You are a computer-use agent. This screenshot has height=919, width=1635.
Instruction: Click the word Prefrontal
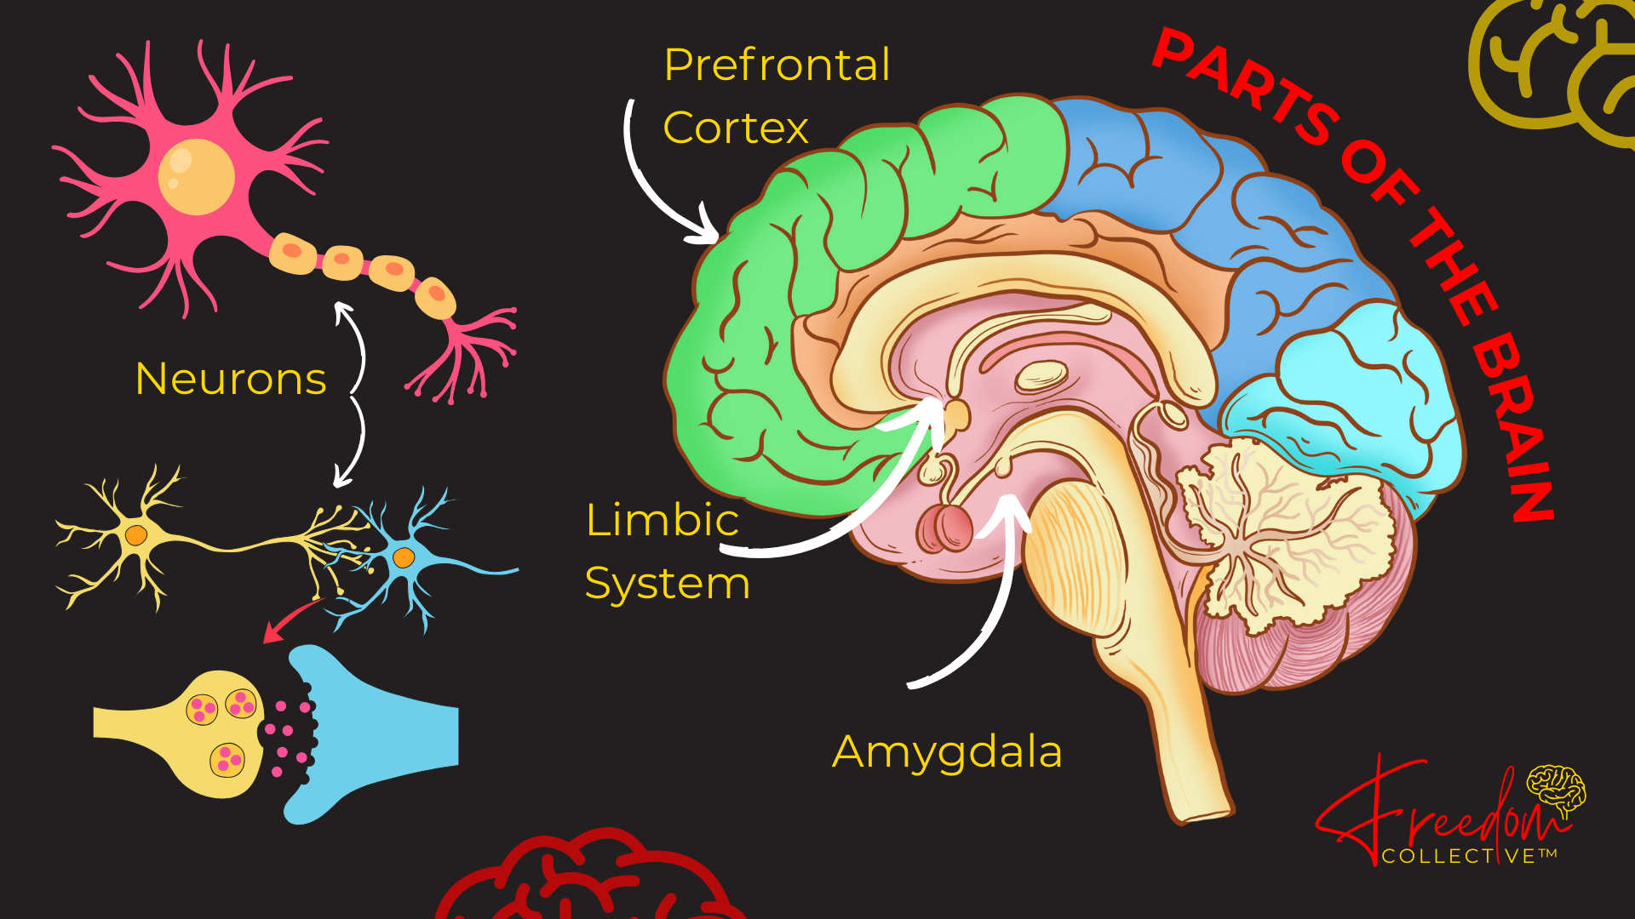(x=777, y=66)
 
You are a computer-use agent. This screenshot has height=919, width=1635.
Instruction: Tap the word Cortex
(x=736, y=128)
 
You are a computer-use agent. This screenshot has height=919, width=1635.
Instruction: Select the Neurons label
(x=231, y=379)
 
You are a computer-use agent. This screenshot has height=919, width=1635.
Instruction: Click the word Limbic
(x=662, y=520)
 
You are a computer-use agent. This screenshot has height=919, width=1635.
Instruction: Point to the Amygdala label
(x=947, y=752)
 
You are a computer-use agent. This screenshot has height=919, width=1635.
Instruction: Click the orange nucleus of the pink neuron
(x=196, y=176)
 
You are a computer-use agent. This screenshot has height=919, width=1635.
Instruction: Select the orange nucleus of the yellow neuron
(x=135, y=535)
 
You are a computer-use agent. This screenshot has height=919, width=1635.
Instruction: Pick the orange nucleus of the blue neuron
(x=403, y=558)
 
